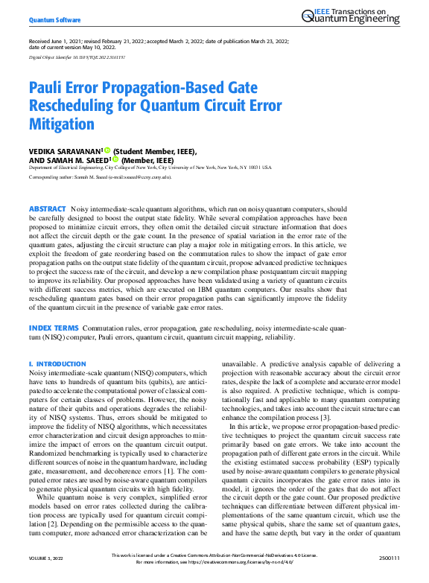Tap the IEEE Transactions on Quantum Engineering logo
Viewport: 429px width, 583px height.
point(357,17)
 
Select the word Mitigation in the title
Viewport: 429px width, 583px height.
point(62,123)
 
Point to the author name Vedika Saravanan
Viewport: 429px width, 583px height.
point(65,150)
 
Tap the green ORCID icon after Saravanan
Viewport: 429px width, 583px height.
point(107,150)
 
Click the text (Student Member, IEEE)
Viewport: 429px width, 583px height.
point(155,150)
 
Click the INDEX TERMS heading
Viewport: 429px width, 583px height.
point(53,328)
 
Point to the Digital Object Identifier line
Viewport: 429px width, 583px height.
point(77,57)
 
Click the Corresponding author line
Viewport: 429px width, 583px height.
point(99,178)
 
